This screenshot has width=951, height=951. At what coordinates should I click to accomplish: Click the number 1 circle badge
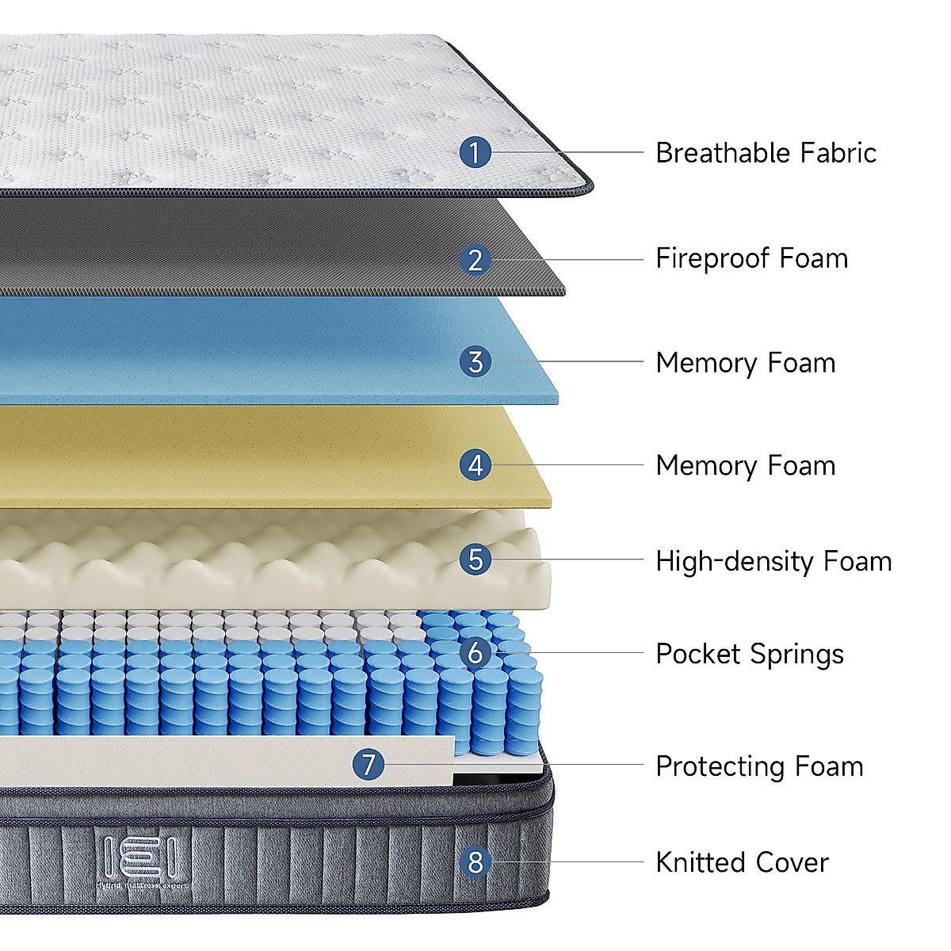(475, 152)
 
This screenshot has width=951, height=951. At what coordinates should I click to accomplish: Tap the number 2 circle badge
(475, 259)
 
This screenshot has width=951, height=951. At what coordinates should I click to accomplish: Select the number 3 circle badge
(475, 362)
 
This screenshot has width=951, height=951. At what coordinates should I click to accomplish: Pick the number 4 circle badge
(475, 465)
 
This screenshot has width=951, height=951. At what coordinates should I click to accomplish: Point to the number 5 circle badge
(475, 560)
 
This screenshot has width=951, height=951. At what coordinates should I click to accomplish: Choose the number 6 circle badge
(475, 653)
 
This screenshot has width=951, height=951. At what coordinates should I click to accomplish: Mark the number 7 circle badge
(369, 765)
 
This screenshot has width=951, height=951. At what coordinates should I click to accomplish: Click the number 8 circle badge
(475, 861)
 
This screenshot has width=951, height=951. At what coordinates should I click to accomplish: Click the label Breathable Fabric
(766, 153)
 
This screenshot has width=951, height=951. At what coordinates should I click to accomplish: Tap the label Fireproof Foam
(751, 258)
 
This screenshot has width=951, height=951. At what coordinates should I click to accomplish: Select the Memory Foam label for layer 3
(745, 363)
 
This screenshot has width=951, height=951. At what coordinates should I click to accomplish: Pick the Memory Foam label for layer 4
(745, 466)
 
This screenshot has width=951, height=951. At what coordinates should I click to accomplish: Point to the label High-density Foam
(773, 561)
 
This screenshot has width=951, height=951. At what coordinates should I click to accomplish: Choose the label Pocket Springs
(749, 655)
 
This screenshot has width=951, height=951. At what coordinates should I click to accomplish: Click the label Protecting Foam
(759, 766)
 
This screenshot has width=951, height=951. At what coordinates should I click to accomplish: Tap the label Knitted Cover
(742, 862)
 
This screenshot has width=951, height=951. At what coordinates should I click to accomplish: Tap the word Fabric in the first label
(838, 153)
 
